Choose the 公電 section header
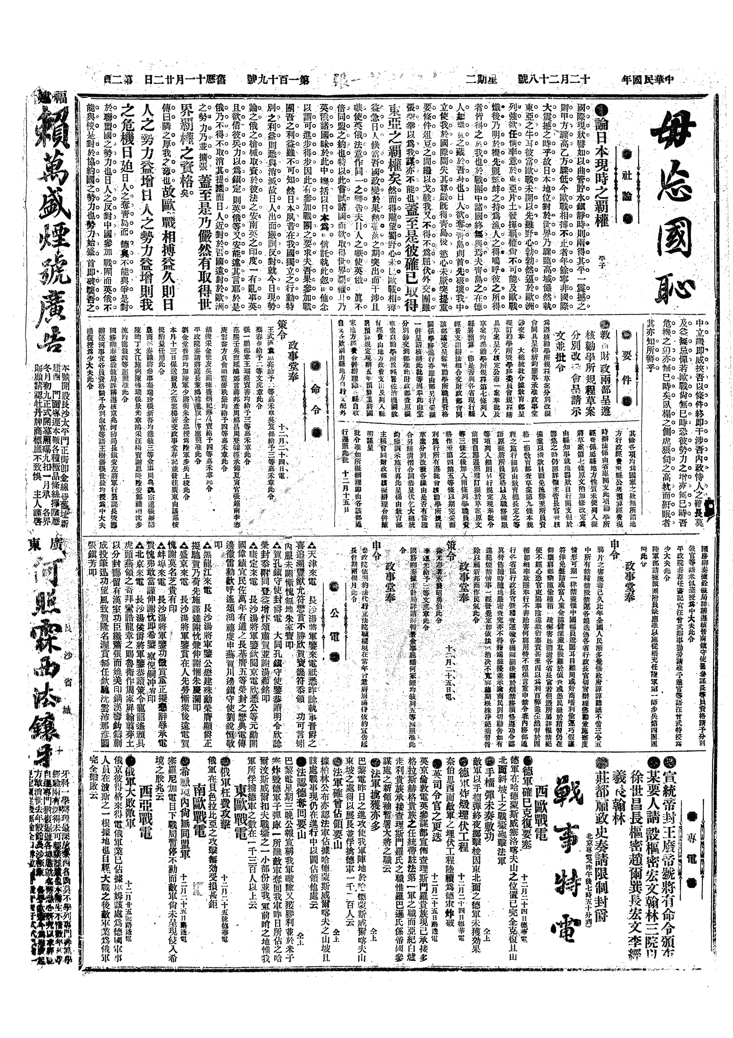point(335,633)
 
